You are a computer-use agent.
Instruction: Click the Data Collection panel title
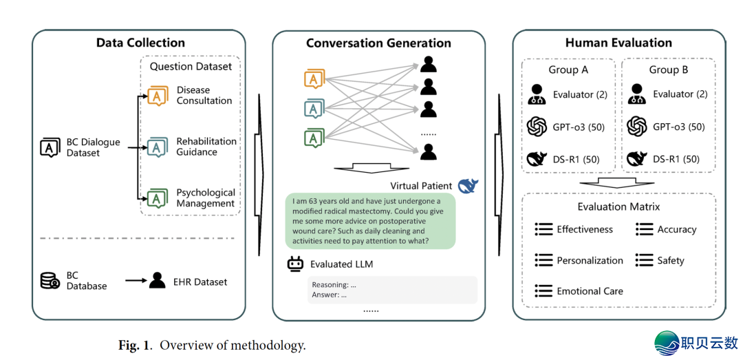(x=140, y=43)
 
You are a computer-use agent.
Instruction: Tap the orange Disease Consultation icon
(x=158, y=95)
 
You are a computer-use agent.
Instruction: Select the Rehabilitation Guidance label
(x=206, y=147)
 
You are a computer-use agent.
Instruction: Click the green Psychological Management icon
(x=158, y=198)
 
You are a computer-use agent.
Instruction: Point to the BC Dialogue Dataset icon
(x=50, y=147)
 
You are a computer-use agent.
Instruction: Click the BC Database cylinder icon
(x=49, y=281)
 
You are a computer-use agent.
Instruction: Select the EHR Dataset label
(x=200, y=281)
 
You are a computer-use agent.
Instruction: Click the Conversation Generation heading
(x=378, y=43)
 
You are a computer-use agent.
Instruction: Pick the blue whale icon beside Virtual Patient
(x=468, y=186)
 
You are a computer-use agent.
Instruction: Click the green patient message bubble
(x=370, y=220)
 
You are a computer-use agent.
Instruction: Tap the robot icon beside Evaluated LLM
(x=296, y=264)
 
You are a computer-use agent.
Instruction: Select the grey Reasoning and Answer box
(x=391, y=290)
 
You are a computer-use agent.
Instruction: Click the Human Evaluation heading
(x=618, y=43)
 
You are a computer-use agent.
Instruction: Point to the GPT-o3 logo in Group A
(x=537, y=127)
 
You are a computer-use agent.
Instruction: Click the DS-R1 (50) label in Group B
(x=676, y=159)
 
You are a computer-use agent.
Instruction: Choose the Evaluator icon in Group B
(x=637, y=94)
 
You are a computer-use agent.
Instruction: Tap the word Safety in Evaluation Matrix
(x=670, y=260)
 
